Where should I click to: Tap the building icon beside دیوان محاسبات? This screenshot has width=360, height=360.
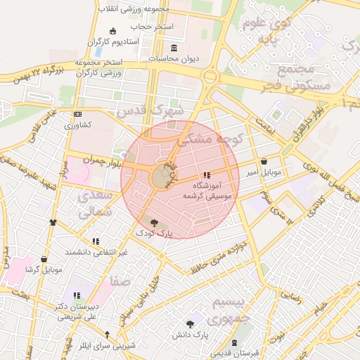[x=174, y=47]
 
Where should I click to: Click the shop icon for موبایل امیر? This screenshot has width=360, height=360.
[x=264, y=161]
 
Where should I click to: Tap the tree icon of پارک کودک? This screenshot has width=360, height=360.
[x=155, y=221]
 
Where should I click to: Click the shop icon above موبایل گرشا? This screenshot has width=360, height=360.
[x=44, y=259]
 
